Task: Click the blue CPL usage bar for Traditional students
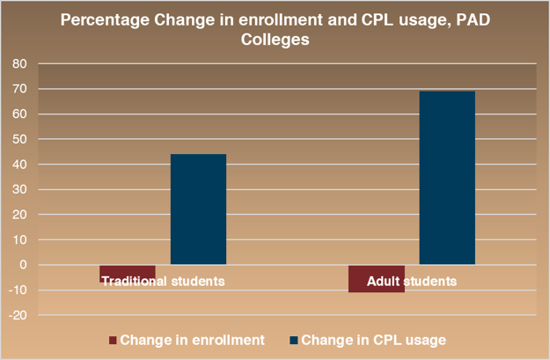click(198, 209)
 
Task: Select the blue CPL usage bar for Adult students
click(447, 177)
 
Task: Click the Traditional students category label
click(163, 282)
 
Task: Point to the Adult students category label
click(413, 282)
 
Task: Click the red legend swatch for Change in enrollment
click(112, 340)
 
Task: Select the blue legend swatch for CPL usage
click(292, 340)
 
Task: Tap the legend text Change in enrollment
click(191, 340)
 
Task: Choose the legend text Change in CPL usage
click(373, 340)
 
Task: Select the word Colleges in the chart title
click(275, 40)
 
